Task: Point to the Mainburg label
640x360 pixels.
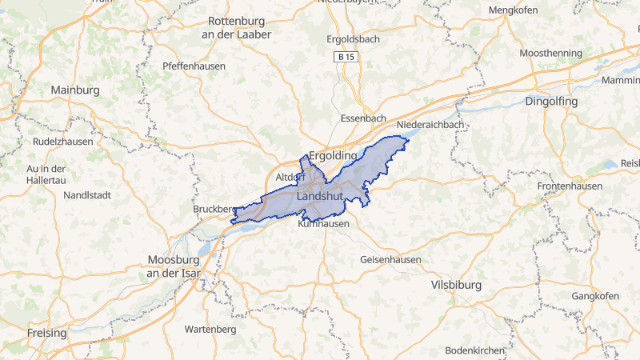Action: click(75, 90)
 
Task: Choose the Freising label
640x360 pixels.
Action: click(47, 332)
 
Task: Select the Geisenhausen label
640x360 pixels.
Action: click(391, 261)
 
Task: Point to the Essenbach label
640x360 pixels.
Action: click(363, 118)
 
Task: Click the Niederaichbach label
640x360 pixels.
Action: click(430, 126)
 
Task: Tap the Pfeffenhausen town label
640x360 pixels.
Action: click(194, 66)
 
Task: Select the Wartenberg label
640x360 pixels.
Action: click(210, 329)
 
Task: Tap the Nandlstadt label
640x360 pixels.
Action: click(91, 194)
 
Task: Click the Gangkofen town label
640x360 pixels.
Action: click(596, 297)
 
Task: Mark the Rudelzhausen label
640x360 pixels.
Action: click(62, 142)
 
